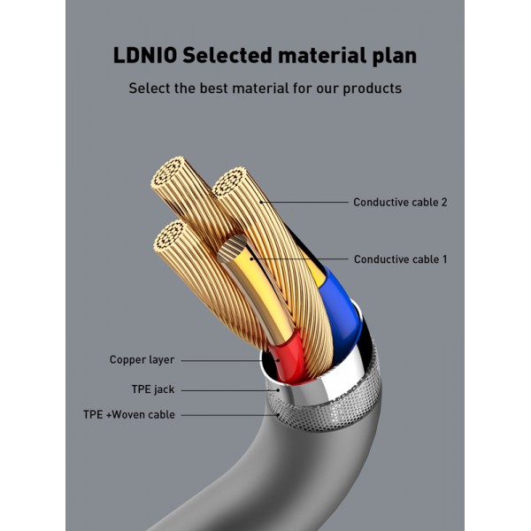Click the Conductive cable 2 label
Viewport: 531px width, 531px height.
click(400, 202)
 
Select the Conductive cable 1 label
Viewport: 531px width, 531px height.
click(400, 259)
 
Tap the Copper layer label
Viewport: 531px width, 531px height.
click(142, 360)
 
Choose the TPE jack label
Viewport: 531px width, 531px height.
click(152, 389)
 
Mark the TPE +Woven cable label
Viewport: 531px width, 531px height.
click(129, 414)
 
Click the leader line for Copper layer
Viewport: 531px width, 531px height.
click(221, 360)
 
